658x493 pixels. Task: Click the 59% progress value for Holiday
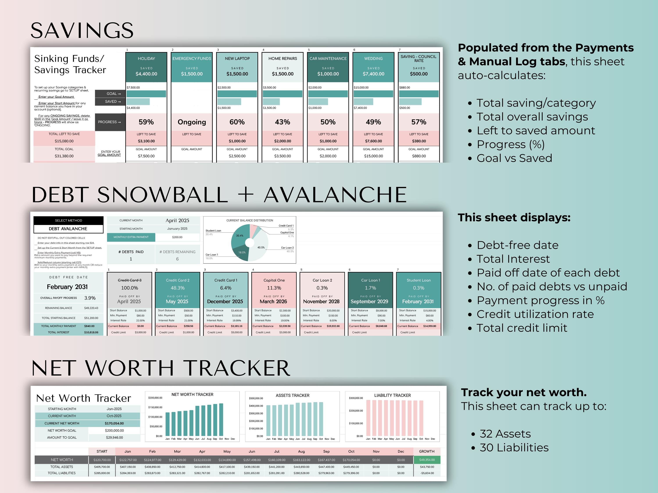[146, 122]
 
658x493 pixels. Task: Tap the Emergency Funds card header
[191, 59]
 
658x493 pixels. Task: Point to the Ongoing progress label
[191, 122]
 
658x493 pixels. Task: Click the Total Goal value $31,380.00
[64, 156]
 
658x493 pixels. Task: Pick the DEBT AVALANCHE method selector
[68, 229]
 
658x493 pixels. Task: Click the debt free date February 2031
[67, 287]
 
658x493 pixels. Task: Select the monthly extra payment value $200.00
[177, 237]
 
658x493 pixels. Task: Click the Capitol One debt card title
[274, 280]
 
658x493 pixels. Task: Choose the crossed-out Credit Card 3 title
[129, 280]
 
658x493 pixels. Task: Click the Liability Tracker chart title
[392, 395]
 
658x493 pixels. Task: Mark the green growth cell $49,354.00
[427, 460]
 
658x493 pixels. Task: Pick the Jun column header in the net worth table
[252, 451]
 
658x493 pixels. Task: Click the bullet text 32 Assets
[505, 434]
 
